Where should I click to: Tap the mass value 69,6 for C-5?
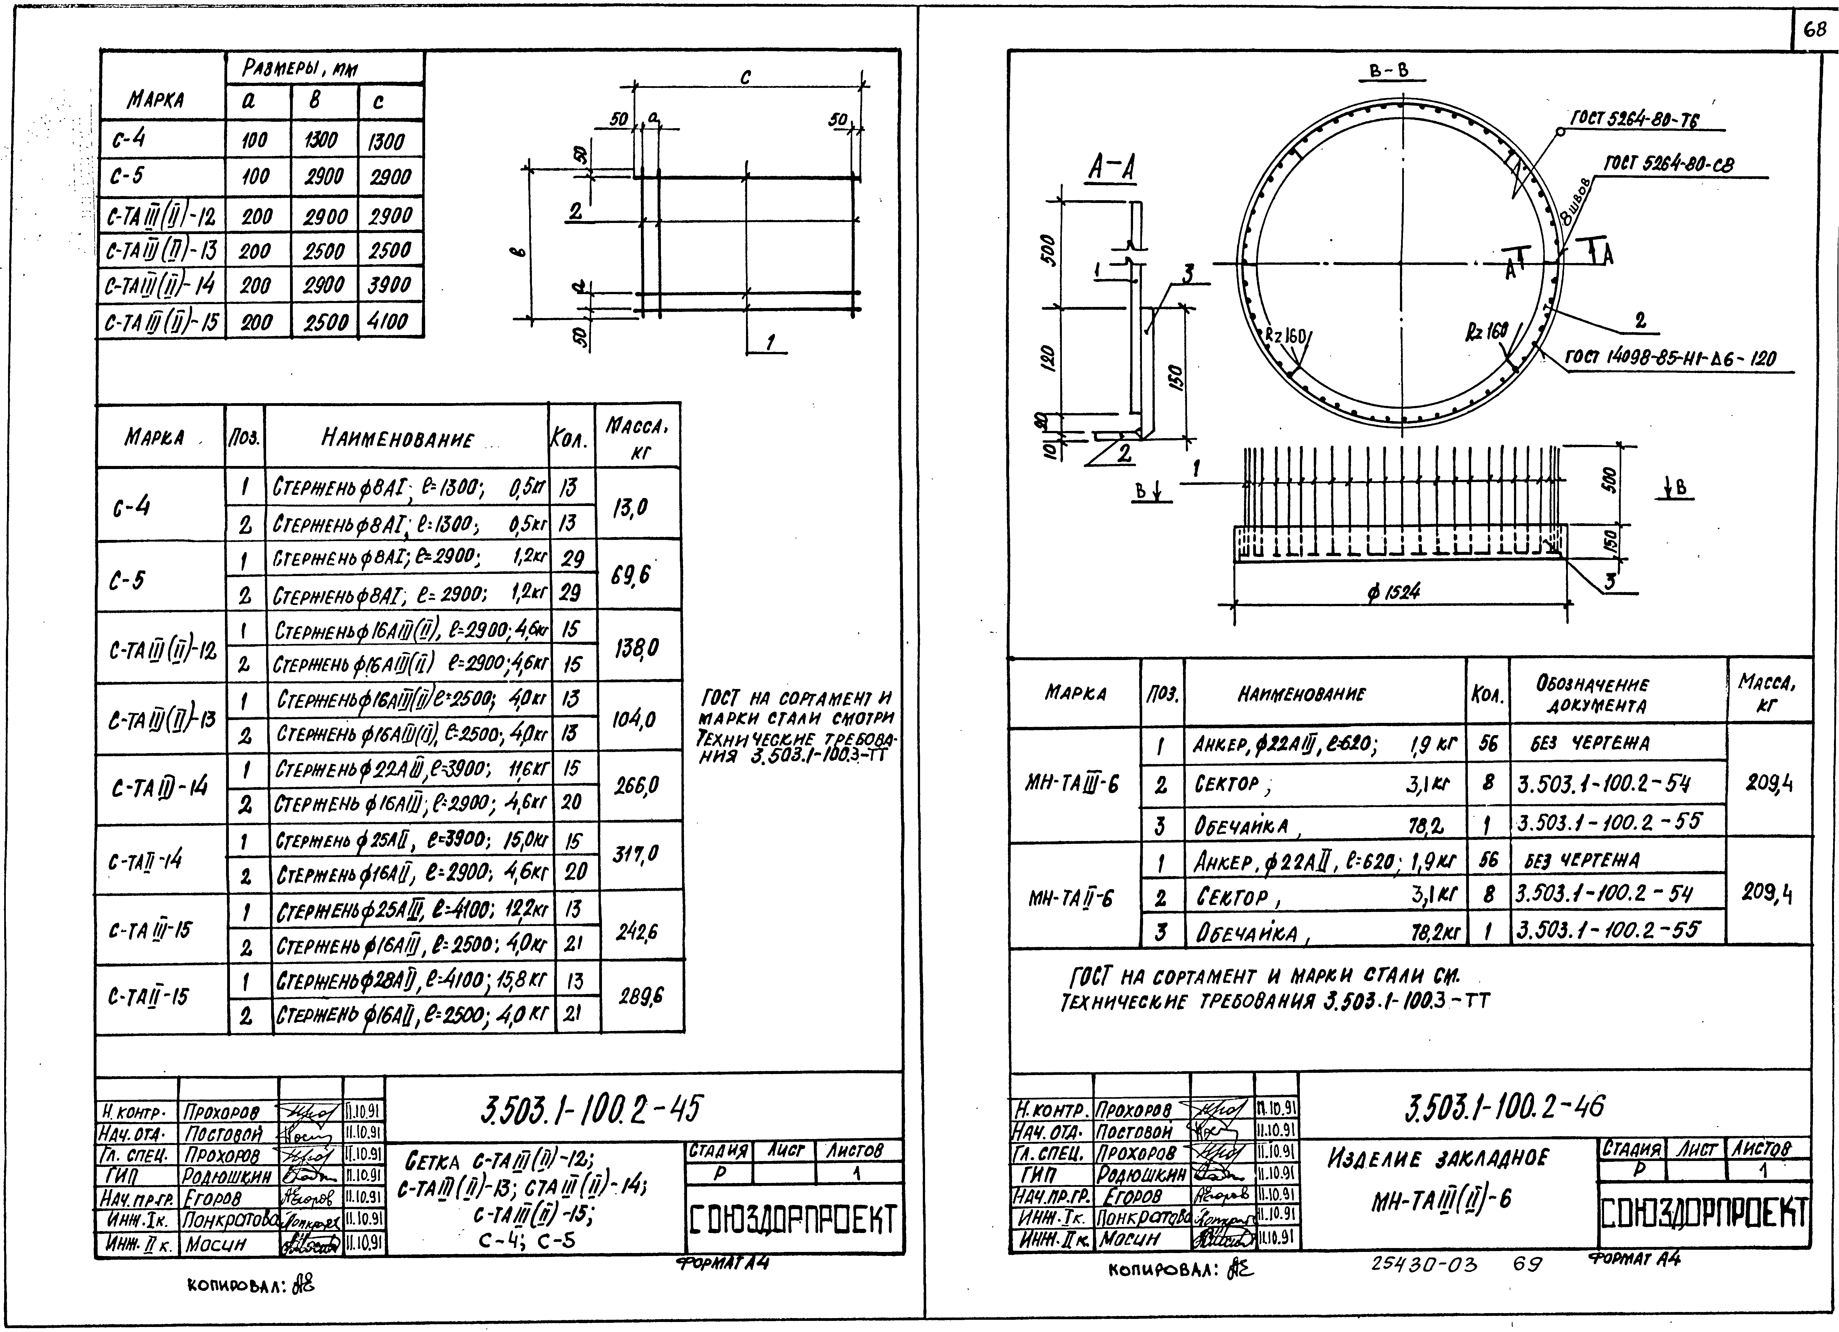(632, 576)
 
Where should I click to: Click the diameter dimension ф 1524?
(1393, 592)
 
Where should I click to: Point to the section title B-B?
(1389, 71)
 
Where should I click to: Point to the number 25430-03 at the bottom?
(1424, 1264)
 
